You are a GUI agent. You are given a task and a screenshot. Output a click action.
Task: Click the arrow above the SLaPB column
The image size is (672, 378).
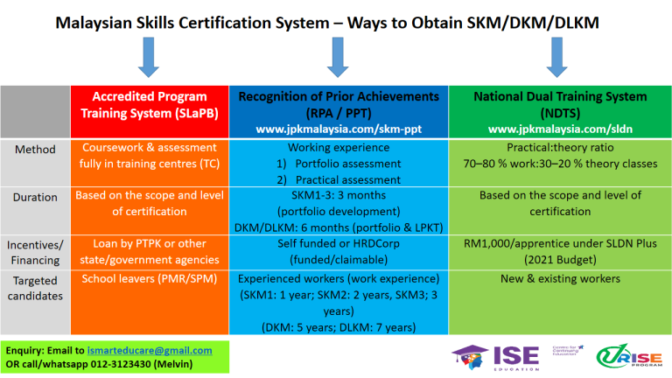(x=148, y=58)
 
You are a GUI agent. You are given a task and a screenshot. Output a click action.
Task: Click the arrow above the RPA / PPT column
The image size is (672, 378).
(x=337, y=58)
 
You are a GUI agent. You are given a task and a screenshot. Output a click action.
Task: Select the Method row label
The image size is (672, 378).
(x=35, y=150)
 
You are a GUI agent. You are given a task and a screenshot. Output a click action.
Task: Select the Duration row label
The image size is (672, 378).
(x=35, y=197)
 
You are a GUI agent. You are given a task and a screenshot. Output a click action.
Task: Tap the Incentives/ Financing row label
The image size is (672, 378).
(x=35, y=252)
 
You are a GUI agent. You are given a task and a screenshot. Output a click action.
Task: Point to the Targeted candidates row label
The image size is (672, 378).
(x=35, y=288)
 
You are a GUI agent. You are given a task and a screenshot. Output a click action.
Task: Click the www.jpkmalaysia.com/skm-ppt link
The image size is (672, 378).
(x=337, y=129)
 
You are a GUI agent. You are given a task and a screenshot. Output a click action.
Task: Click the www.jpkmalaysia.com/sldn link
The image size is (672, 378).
(x=559, y=129)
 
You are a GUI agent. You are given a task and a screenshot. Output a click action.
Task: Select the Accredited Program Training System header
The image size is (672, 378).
(x=150, y=105)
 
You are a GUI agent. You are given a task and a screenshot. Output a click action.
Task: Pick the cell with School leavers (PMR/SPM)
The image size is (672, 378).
(x=149, y=279)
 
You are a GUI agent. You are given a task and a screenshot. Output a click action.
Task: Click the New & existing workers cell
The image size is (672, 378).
(x=559, y=279)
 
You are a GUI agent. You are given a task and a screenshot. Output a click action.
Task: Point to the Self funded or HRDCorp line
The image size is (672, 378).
(x=337, y=244)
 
